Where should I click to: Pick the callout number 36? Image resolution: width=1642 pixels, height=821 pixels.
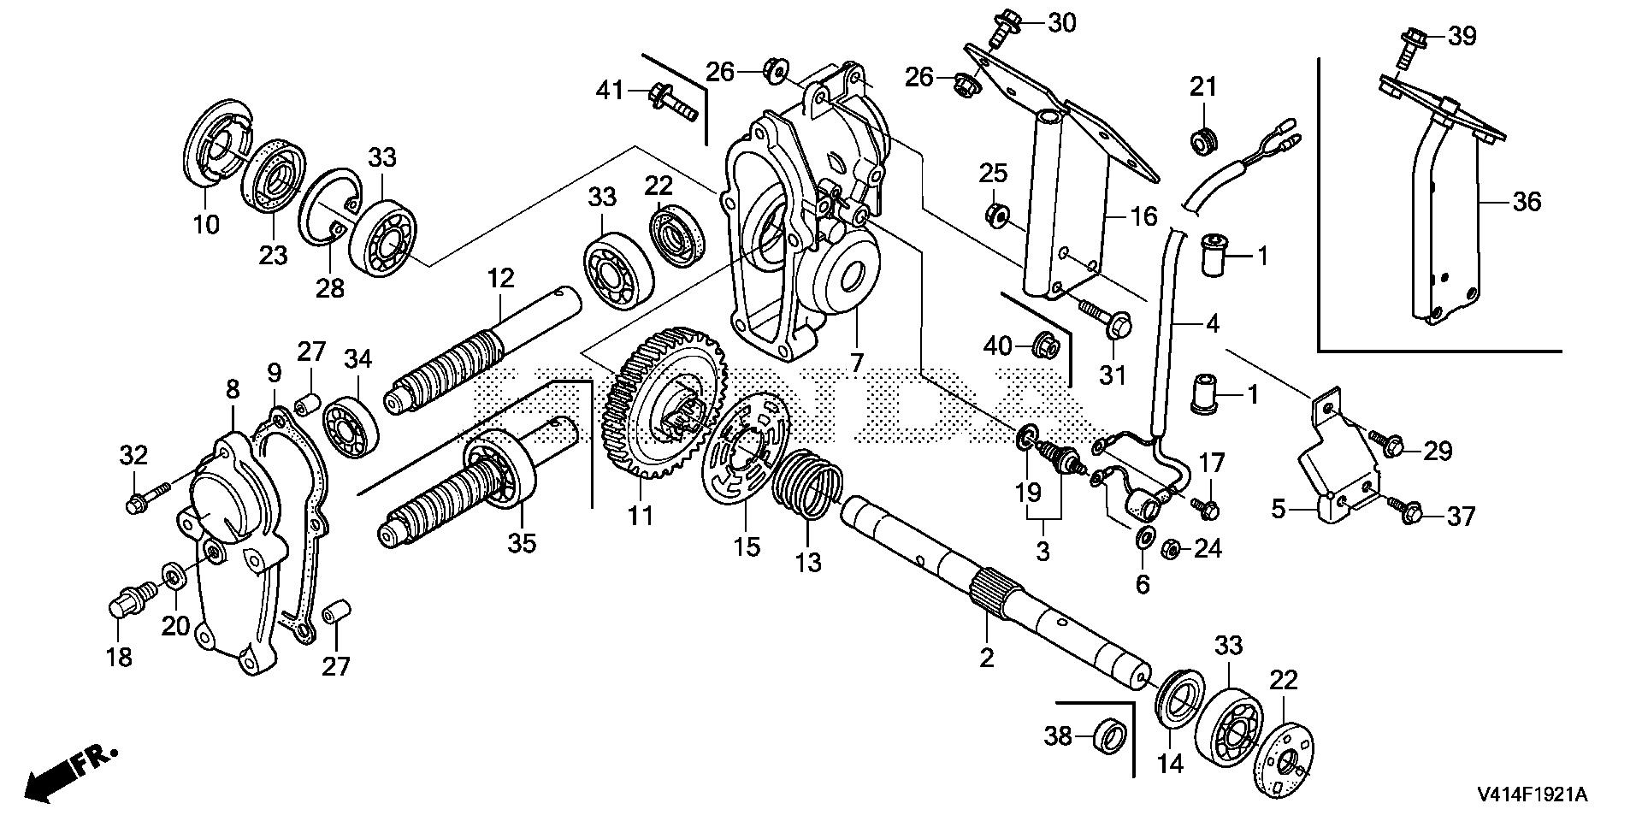tap(1527, 203)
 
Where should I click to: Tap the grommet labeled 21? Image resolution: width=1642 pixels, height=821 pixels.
tap(1203, 140)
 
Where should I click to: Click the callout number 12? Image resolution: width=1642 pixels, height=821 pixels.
tap(501, 278)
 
